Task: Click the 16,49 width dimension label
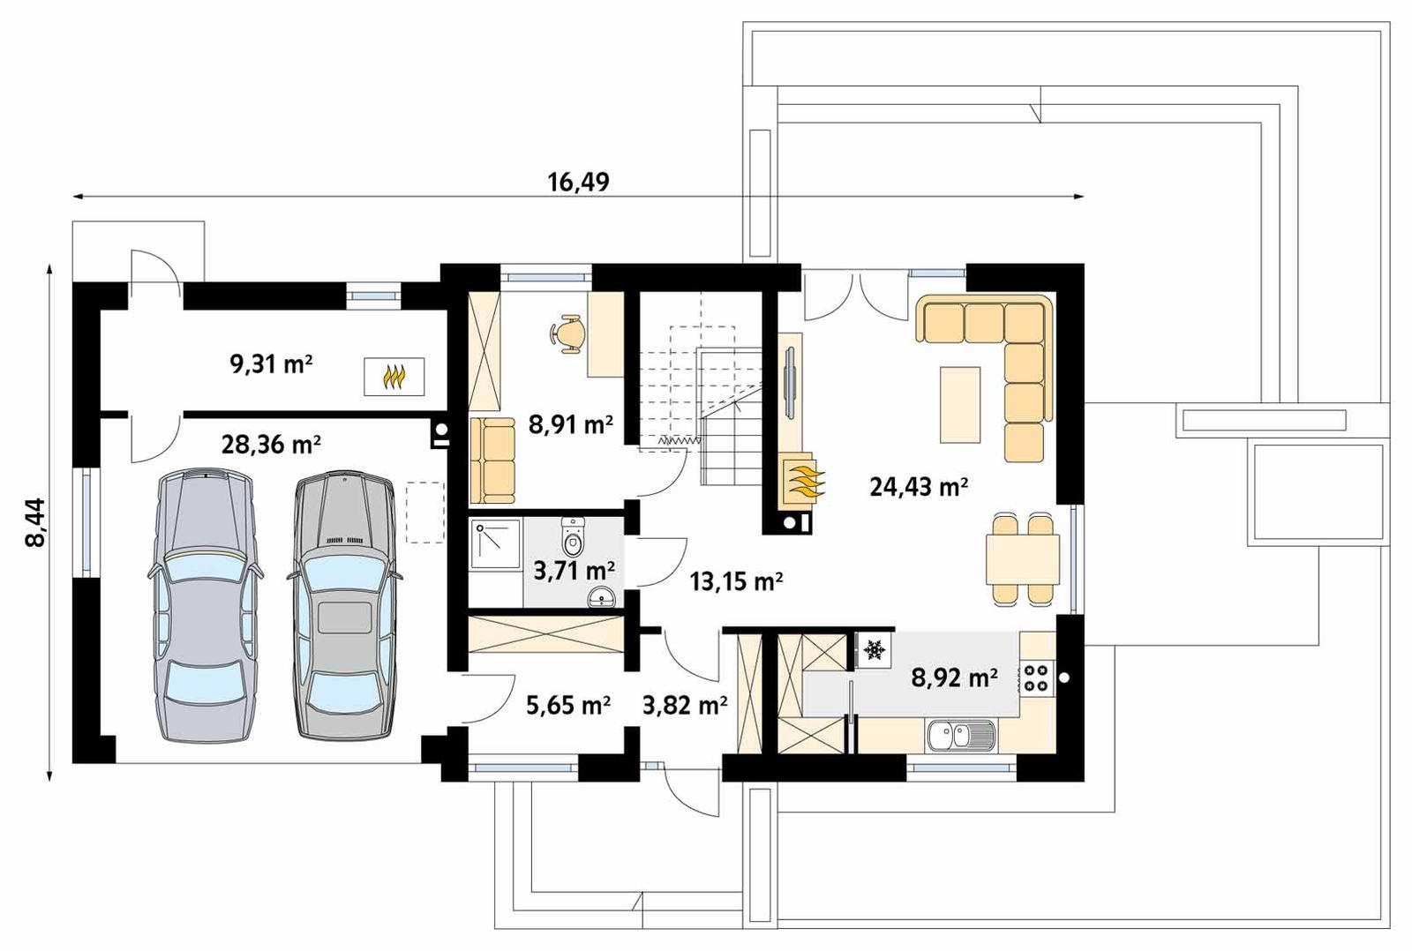tap(578, 183)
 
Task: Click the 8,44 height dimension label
tap(34, 523)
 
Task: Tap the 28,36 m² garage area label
tap(271, 444)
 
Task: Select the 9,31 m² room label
tap(271, 363)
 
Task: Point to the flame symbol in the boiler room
tap(394, 377)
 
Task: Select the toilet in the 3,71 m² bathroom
tap(574, 536)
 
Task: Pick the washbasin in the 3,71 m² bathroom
tap(602, 598)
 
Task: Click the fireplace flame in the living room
tap(802, 482)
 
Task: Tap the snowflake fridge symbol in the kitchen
tap(875, 650)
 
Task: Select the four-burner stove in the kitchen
tap(1037, 677)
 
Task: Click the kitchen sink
tap(960, 735)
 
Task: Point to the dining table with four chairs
tap(1022, 559)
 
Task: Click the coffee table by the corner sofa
tap(960, 404)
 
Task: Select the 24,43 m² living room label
tap(919, 486)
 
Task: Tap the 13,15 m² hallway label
tap(736, 581)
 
